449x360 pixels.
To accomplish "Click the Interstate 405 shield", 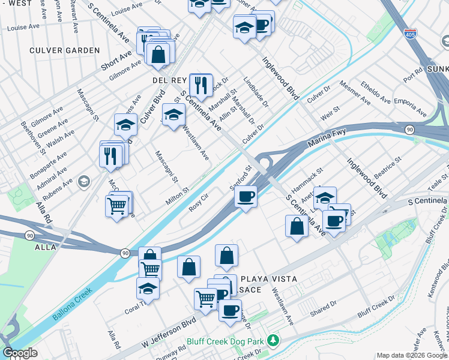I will (410, 34).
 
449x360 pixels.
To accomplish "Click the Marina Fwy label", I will (328, 142).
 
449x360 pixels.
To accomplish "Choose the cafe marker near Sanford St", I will (245, 196).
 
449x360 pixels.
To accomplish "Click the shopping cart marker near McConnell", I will (117, 206).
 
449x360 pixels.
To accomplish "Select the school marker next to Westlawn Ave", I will (173, 114).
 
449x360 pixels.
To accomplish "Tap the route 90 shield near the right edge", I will (409, 130).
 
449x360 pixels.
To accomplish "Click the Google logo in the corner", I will (20, 353).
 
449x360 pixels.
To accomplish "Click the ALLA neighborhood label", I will (46, 247).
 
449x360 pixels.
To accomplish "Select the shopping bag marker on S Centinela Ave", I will (296, 226).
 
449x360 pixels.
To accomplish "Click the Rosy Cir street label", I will (198, 200).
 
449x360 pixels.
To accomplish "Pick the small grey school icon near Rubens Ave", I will (84, 180).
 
